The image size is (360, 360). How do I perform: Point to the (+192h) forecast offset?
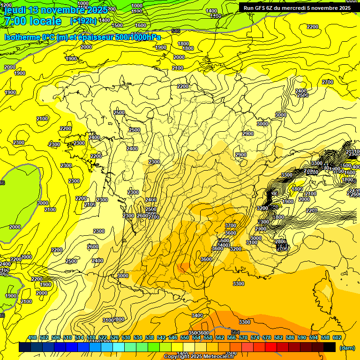tap(83, 21)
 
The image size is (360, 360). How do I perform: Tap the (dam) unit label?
tap(347, 347)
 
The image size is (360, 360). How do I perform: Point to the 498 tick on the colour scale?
tap(32, 337)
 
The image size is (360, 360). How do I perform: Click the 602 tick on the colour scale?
tap(337, 337)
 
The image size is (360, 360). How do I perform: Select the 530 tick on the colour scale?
tap(126, 337)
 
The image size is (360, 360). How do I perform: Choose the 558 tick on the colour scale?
tap(208, 337)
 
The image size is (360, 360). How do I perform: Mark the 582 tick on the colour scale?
tap(278, 337)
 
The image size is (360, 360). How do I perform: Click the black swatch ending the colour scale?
tap(330, 347)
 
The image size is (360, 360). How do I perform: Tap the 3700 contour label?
tap(230, 225)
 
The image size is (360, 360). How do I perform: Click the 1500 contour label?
tap(118, 25)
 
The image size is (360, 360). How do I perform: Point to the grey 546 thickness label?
tap(176, 31)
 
